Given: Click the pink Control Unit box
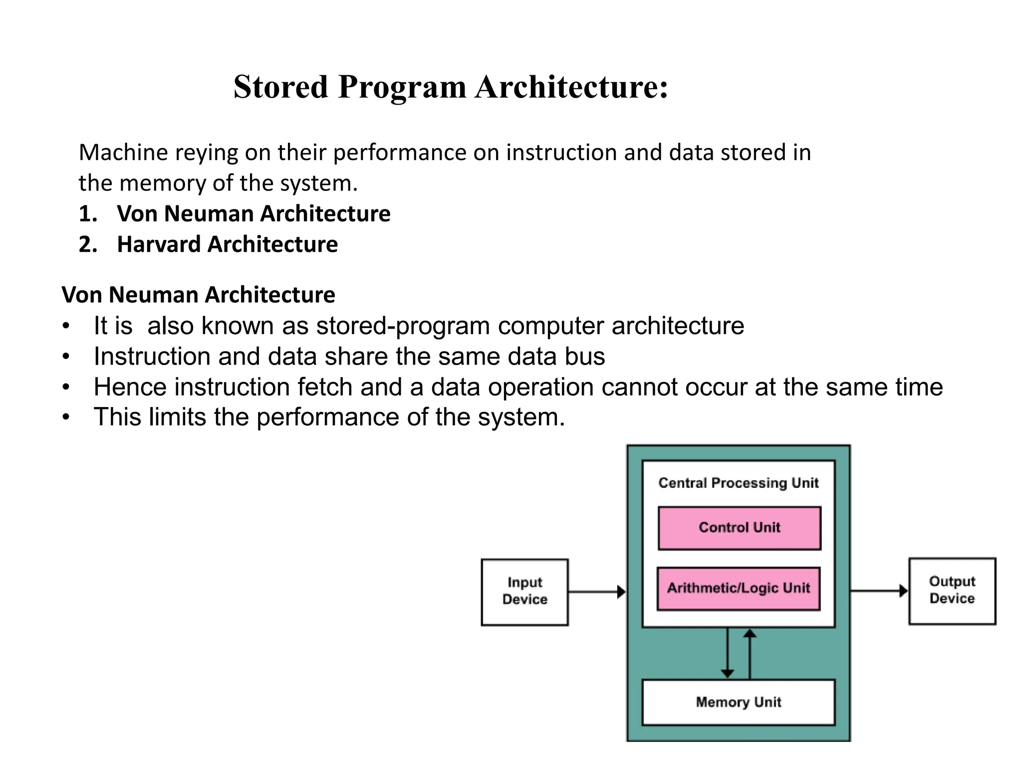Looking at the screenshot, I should [x=739, y=528].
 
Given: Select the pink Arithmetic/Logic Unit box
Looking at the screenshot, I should [x=739, y=588].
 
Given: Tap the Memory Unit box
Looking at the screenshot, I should [x=738, y=702].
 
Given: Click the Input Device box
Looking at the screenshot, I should [x=524, y=591].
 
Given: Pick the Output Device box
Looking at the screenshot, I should [x=952, y=590].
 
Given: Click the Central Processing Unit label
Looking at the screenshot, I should [x=738, y=483].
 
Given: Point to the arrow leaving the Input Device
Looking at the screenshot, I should [x=597, y=592].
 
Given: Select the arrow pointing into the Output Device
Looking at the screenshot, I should [x=878, y=591].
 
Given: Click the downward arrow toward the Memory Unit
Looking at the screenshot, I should [x=728, y=653].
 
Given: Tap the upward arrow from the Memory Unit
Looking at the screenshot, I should [x=750, y=653].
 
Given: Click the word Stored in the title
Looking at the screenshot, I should [x=281, y=87].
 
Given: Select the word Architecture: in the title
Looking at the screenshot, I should [x=571, y=87].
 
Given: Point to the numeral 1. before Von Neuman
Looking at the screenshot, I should [x=88, y=214].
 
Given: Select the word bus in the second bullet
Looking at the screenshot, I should [x=585, y=357].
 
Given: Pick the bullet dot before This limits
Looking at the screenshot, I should [x=66, y=417].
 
